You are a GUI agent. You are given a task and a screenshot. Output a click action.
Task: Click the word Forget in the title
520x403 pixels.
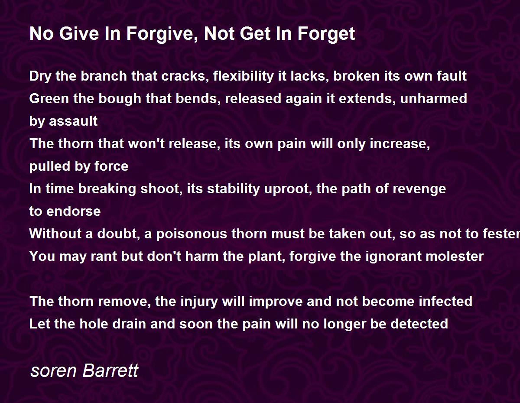click(326, 34)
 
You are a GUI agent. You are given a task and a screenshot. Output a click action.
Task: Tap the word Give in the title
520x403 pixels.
click(79, 33)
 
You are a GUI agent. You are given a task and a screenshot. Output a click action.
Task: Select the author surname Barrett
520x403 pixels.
click(110, 370)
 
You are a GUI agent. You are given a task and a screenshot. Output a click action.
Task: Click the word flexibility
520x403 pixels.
click(244, 76)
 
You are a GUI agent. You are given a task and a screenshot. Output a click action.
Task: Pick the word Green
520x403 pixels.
click(49, 99)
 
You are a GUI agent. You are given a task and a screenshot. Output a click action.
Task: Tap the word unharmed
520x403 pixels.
click(433, 99)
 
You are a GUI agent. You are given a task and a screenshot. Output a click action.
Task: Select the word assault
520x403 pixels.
click(73, 121)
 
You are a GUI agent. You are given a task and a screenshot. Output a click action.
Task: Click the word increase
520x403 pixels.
click(400, 144)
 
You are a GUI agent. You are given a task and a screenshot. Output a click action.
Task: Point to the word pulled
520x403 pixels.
click(50, 166)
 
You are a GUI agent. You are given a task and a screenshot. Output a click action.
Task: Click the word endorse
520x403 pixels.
click(74, 211)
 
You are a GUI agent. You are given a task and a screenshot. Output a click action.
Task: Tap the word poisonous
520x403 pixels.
click(192, 234)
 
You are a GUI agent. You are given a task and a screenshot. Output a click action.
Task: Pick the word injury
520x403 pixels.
click(199, 302)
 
